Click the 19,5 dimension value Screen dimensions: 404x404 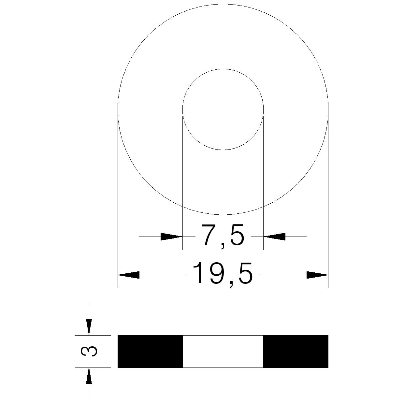tap(223, 275)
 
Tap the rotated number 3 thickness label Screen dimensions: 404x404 tap(89, 354)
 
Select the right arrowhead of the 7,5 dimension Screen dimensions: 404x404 tap(274, 237)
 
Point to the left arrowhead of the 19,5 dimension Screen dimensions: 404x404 tap(128, 275)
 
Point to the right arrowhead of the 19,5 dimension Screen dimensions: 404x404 tap(317, 275)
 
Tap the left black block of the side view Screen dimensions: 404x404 tap(150, 354)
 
